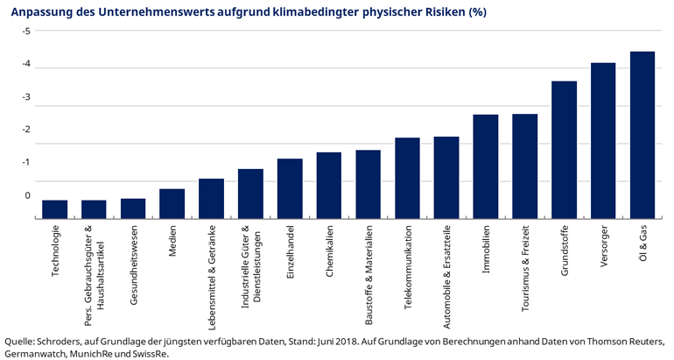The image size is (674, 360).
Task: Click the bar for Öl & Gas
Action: (642, 135)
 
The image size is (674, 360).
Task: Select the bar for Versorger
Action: (603, 140)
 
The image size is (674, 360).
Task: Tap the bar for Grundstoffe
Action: (564, 150)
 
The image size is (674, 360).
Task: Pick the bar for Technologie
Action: (55, 208)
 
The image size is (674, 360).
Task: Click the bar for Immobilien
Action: (486, 166)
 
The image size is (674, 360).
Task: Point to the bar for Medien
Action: (172, 203)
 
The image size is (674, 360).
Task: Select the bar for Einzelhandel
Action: (290, 188)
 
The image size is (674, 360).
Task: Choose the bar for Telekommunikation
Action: (407, 178)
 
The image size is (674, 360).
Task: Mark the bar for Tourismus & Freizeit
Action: (524, 166)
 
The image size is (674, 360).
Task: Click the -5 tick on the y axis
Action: (26, 32)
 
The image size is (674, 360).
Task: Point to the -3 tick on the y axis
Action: (26, 97)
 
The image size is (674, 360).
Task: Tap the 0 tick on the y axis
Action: (27, 195)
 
